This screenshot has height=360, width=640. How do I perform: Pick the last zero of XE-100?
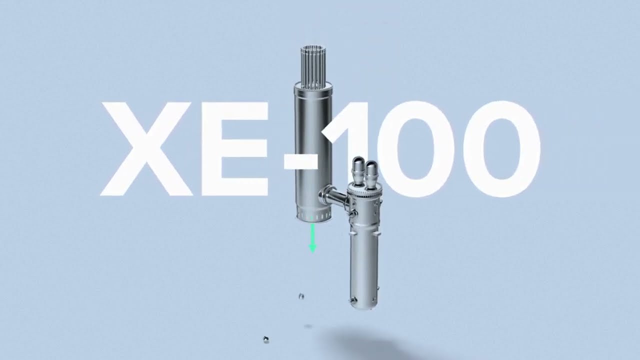500,148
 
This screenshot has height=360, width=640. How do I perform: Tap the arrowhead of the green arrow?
313,248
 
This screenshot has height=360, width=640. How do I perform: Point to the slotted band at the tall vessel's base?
313,216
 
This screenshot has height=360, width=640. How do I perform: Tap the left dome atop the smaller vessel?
358,165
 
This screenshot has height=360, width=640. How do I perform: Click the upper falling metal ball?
301,296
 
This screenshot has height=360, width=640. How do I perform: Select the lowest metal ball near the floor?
266,339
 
